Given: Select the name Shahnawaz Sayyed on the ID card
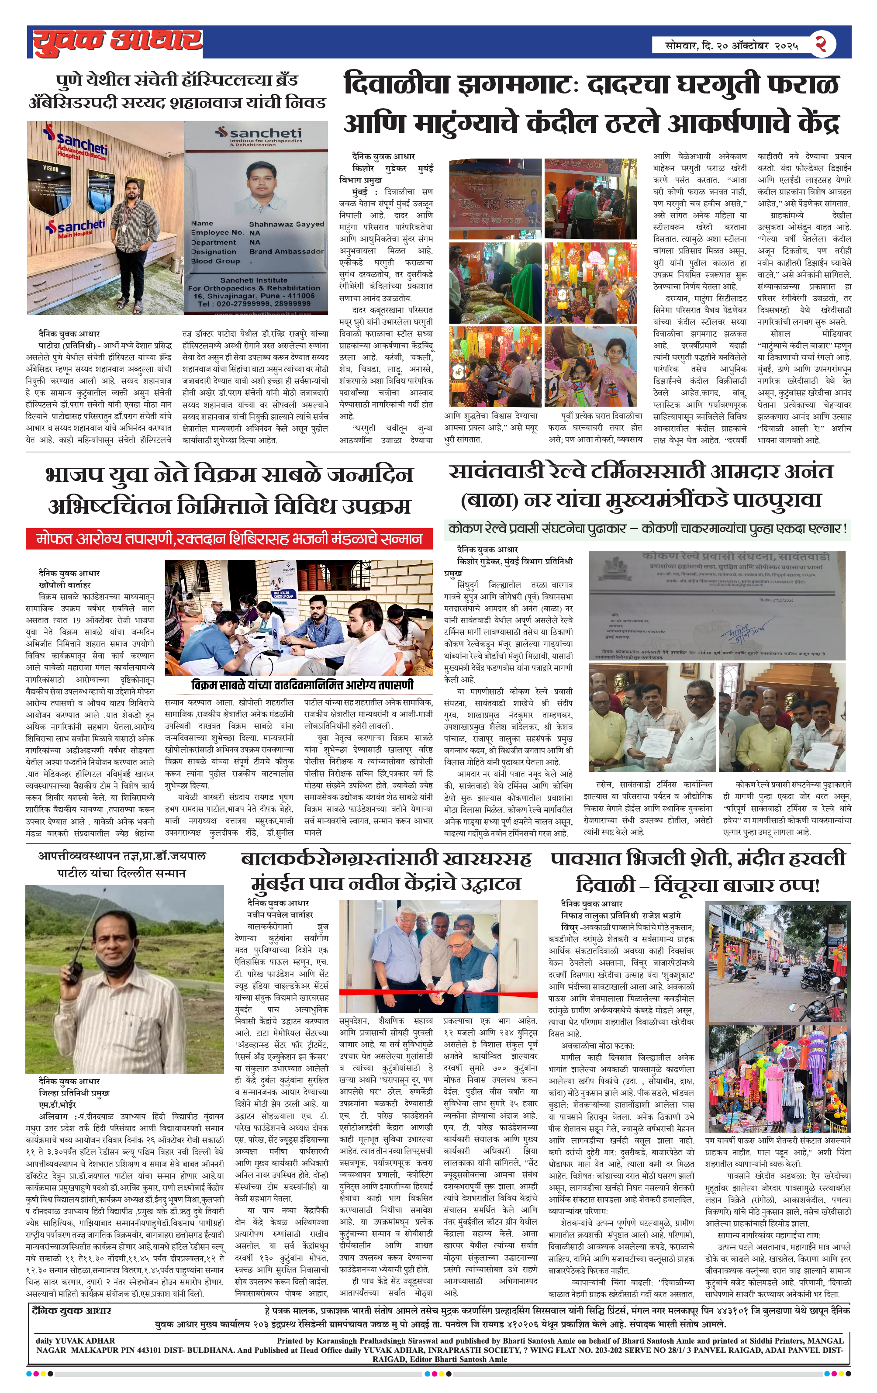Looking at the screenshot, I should pyautogui.click(x=287, y=224).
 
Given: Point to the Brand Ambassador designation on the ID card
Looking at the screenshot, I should pyautogui.click(x=287, y=252).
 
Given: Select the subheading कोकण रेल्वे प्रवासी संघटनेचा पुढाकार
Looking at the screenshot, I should pyautogui.click(x=542, y=528).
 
